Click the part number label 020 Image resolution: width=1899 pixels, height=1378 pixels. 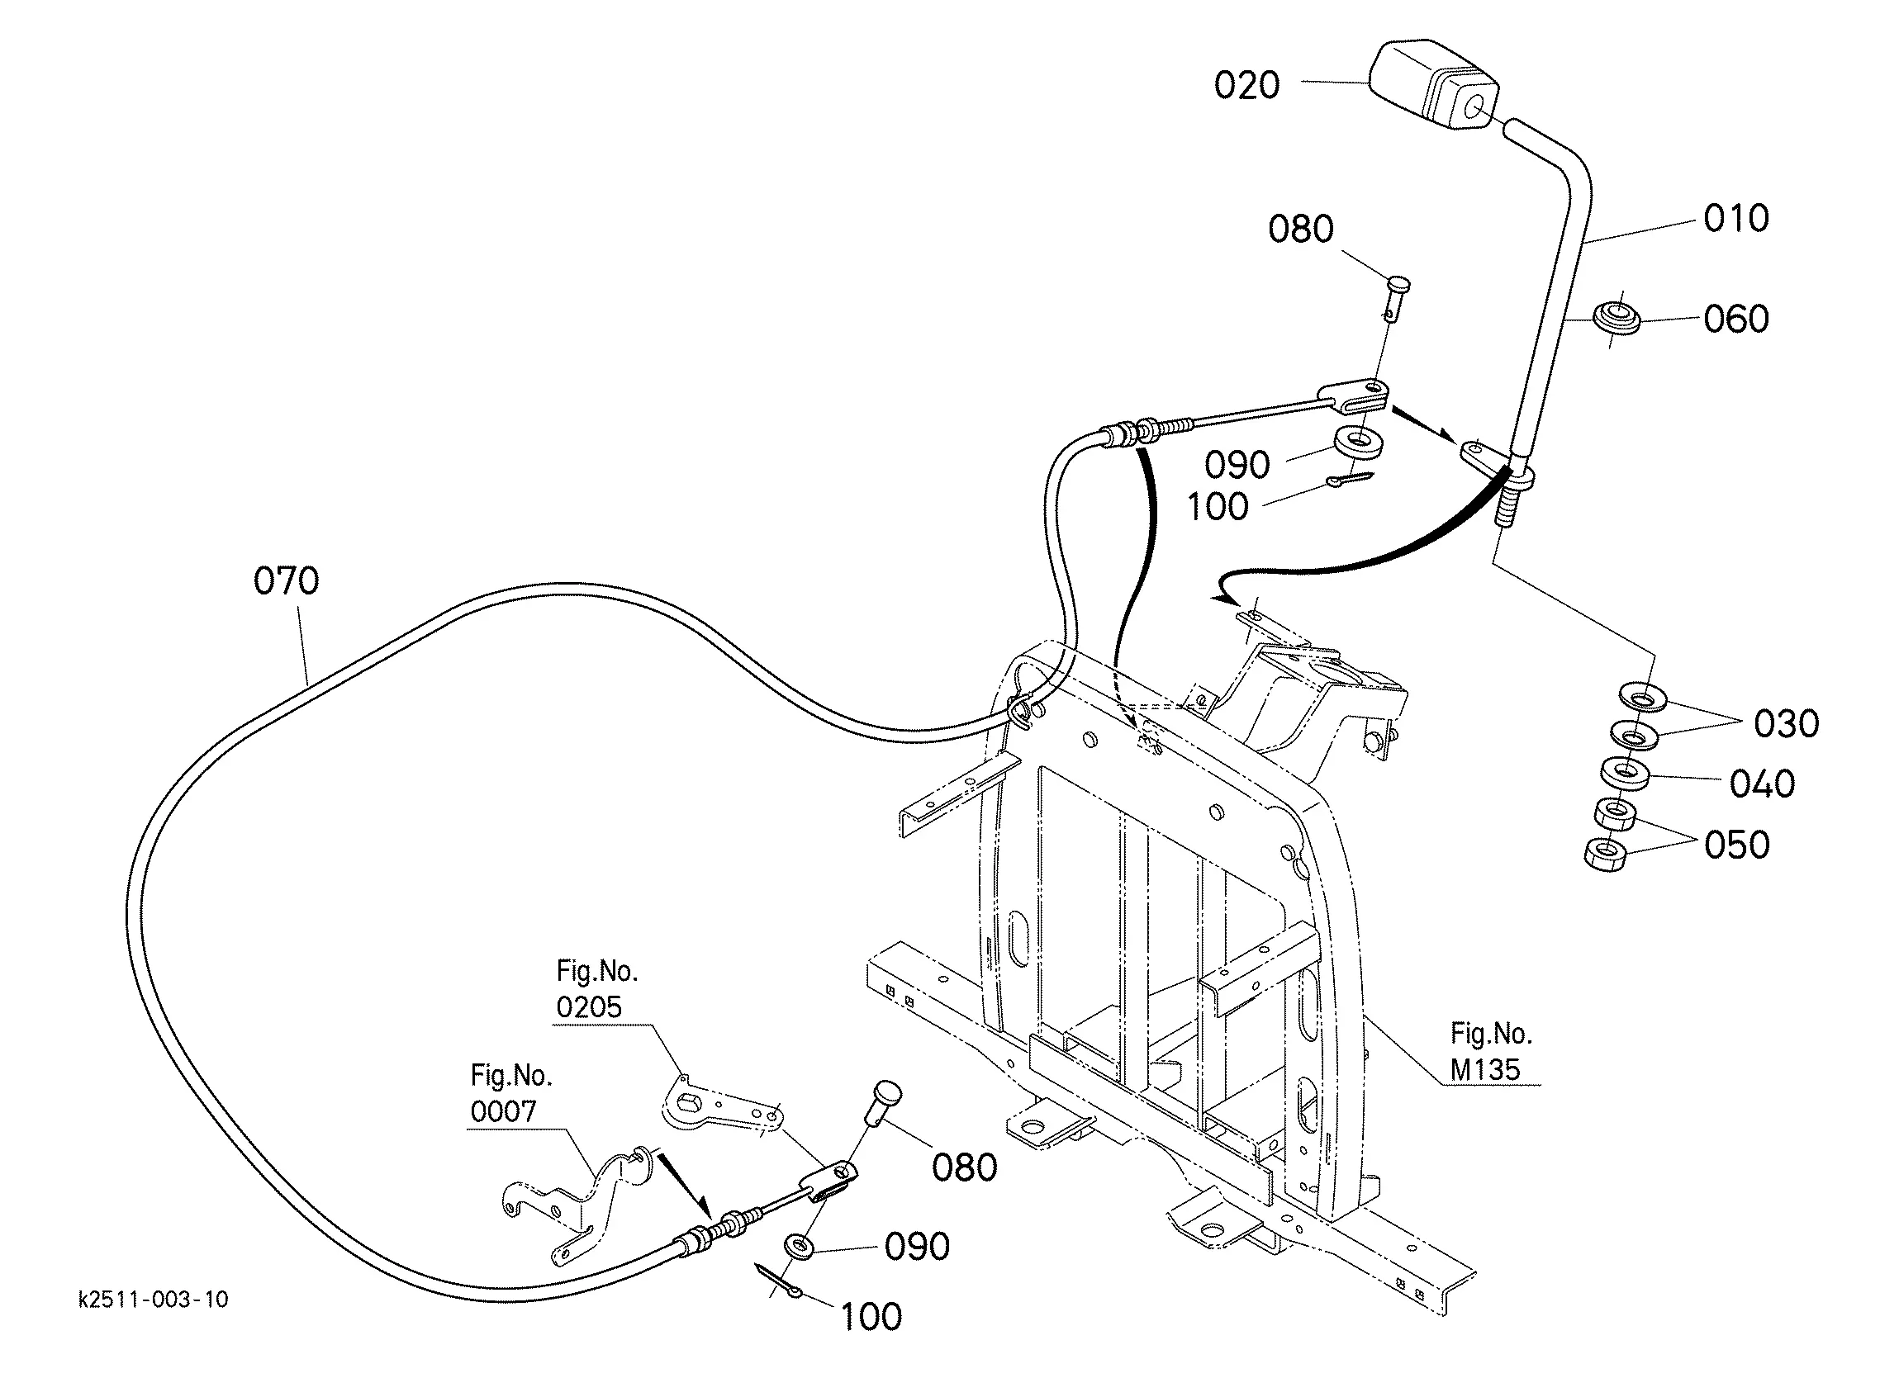[1246, 84]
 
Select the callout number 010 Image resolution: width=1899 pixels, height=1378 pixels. [1736, 218]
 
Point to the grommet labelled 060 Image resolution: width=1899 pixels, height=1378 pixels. [1616, 319]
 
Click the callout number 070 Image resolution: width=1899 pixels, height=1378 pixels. [287, 580]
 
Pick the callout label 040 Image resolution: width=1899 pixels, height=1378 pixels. [1763, 784]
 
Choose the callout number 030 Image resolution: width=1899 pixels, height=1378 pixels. [1787, 723]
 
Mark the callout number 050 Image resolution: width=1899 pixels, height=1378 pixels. [1737, 845]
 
